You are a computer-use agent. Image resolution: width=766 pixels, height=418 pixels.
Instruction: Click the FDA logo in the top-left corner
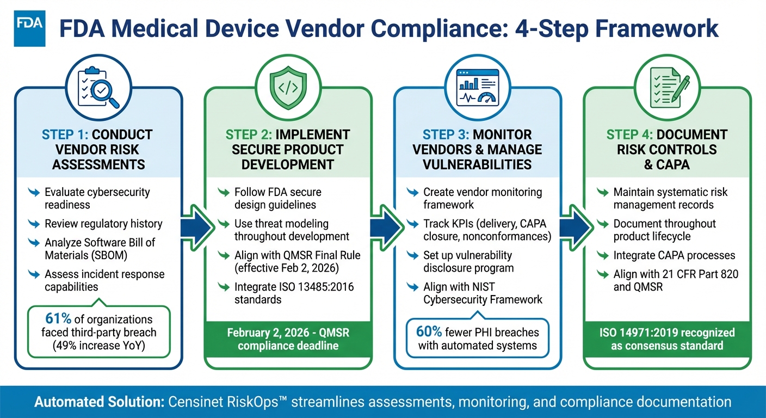tap(29, 30)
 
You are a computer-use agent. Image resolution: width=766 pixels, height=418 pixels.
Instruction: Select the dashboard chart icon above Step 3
tap(477, 87)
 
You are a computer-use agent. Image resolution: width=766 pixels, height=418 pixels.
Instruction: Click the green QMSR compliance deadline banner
tap(288, 339)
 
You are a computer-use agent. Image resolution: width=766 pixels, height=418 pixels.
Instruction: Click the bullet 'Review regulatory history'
tap(103, 224)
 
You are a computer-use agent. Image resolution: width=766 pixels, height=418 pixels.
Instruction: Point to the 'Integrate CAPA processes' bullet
tap(674, 255)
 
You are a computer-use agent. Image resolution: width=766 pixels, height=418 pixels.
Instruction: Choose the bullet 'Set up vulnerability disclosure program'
tap(468, 261)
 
